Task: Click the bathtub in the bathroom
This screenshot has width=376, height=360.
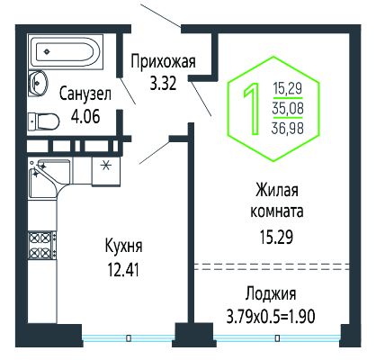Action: (x=66, y=52)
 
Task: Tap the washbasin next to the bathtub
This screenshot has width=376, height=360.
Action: (x=38, y=83)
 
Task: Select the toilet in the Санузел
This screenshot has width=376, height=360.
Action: (x=43, y=121)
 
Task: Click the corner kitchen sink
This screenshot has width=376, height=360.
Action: (x=49, y=178)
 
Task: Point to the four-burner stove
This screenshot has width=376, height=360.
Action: (x=42, y=246)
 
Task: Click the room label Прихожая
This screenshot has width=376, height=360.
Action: (x=163, y=62)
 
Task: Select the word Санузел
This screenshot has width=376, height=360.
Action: (x=85, y=94)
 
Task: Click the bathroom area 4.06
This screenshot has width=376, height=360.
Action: (x=85, y=116)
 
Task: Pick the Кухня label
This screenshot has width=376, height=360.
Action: (x=124, y=247)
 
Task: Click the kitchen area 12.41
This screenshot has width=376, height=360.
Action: (x=123, y=269)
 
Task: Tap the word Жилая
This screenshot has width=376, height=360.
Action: (x=277, y=191)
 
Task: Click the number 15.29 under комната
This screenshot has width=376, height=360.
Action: (x=276, y=237)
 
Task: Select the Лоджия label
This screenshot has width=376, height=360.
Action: (x=271, y=294)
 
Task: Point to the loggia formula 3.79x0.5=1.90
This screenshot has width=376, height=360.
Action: (x=271, y=316)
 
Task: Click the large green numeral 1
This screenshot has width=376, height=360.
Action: (x=253, y=109)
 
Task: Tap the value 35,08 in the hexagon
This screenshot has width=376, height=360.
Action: (x=288, y=108)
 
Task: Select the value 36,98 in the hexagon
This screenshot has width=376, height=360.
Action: (x=288, y=129)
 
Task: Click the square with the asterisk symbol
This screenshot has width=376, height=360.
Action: (x=105, y=171)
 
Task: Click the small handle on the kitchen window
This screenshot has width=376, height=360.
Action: (x=129, y=338)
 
